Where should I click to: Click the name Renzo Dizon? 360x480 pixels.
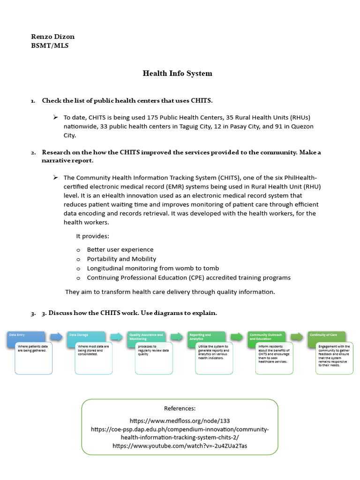[52, 37]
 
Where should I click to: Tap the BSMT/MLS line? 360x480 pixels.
[50, 46]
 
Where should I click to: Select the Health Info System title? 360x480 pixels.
[177, 73]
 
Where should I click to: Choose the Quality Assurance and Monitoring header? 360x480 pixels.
[146, 337]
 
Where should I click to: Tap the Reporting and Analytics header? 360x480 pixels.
[206, 337]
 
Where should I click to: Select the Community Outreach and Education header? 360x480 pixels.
[266, 337]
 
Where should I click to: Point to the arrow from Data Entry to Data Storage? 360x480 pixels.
[56, 337]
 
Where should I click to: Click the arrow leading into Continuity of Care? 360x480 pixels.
[297, 337]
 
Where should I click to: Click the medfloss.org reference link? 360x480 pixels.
[180, 420]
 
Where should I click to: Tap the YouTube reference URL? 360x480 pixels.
[180, 446]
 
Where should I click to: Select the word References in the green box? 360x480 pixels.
[180, 408]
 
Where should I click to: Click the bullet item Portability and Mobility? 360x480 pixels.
[121, 259]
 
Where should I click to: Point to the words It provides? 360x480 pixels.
[93, 236]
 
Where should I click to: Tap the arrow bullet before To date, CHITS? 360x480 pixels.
[55, 117]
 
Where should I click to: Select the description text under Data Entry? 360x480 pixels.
[33, 348]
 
